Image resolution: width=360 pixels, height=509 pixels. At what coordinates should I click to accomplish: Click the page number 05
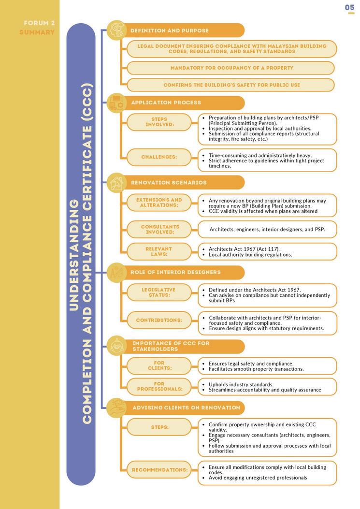[349, 8]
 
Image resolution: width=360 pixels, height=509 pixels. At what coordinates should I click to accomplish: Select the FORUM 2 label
[39, 23]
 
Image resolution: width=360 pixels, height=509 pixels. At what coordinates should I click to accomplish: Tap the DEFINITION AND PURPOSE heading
[170, 30]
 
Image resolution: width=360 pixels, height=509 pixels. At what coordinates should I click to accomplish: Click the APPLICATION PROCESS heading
[166, 102]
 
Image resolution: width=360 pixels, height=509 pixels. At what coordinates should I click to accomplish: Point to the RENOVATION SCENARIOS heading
[169, 183]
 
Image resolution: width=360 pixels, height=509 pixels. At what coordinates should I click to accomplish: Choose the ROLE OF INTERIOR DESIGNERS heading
[175, 272]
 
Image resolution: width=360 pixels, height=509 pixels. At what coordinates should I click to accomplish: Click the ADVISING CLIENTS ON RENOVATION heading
[186, 407]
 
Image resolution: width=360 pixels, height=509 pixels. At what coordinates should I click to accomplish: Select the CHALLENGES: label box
[159, 157]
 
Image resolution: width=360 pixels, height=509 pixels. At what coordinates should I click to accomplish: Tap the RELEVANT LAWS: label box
[159, 252]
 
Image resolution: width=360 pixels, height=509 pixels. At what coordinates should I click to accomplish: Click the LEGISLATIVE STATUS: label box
[159, 292]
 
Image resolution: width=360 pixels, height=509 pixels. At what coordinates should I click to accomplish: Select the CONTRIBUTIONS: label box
[159, 320]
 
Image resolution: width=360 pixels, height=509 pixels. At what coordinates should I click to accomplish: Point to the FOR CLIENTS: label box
[159, 365]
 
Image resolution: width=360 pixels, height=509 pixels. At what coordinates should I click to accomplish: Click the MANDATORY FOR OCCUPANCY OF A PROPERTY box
[231, 68]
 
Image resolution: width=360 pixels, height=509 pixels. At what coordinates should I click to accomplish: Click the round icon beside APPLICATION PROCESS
[116, 103]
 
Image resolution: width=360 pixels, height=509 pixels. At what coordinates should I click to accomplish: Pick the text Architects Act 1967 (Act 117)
[244, 249]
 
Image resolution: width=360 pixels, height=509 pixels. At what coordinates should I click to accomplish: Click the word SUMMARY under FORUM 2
[37, 32]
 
